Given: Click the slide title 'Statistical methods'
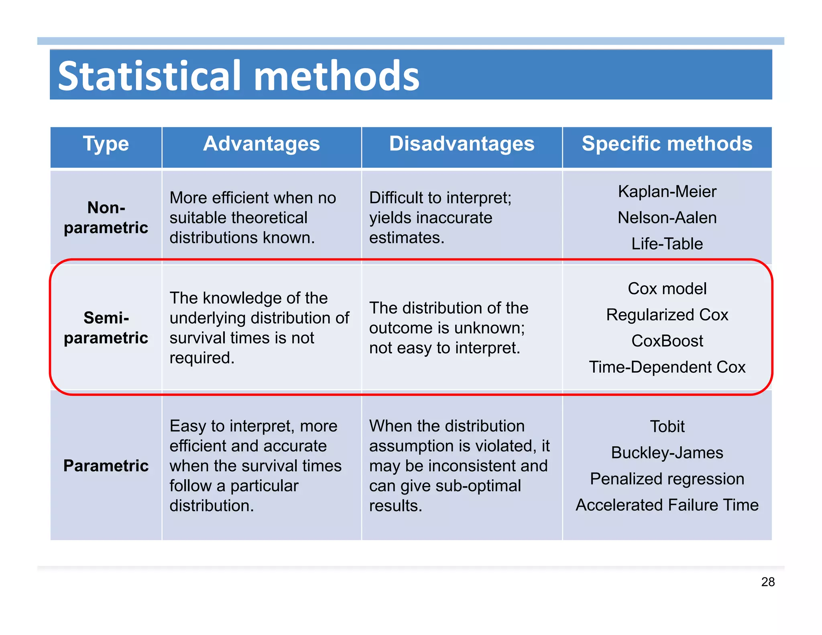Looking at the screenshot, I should (x=238, y=75).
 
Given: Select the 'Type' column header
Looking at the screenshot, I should (x=106, y=144).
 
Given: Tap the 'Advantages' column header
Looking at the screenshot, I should (x=261, y=144).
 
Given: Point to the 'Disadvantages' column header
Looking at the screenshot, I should (x=462, y=144).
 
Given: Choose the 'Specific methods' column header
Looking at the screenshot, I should (x=667, y=144).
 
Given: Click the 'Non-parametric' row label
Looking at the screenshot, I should (x=106, y=218).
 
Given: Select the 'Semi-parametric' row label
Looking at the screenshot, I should (x=106, y=328).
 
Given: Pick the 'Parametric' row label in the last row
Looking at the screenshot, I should (x=106, y=466).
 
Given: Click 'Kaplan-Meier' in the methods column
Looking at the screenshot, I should (x=667, y=191).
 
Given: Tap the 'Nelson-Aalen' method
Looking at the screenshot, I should (x=667, y=218).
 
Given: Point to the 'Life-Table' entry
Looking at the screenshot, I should (x=667, y=244).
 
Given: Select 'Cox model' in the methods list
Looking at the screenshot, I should (x=667, y=289).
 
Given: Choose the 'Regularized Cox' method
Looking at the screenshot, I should (x=667, y=315).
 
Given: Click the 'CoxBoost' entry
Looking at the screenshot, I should (x=667, y=341).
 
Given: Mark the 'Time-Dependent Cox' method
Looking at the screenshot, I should (x=667, y=367).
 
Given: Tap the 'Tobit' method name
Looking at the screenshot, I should (x=667, y=426).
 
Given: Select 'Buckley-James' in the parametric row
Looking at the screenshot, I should (x=667, y=452).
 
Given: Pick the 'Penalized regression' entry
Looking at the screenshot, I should (x=667, y=478).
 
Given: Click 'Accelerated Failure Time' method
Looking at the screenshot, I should (x=667, y=505).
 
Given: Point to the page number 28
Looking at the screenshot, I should (x=767, y=582).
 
